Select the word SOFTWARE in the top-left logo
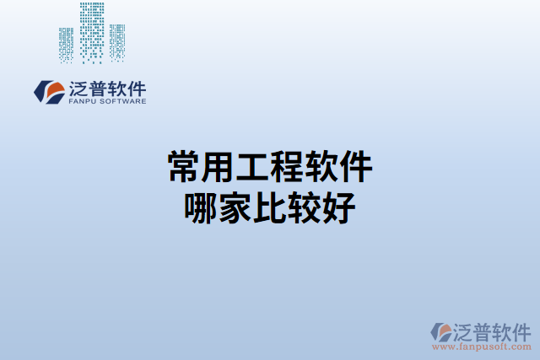122,101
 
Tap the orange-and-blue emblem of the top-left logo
49,91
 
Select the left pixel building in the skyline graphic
67,44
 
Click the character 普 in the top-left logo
95,88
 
